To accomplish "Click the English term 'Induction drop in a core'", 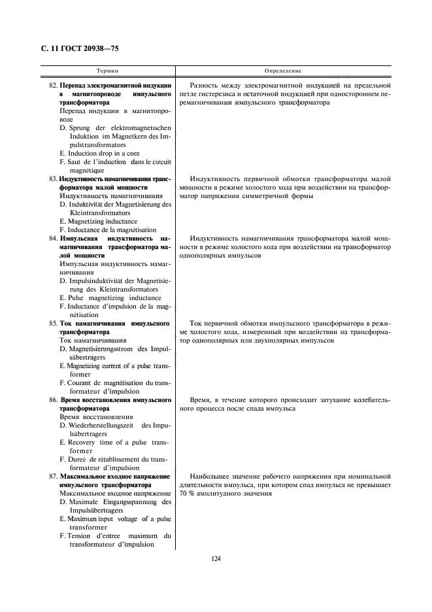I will pyautogui.click(x=99, y=153).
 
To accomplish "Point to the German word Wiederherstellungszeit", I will pyautogui.click(x=105, y=426).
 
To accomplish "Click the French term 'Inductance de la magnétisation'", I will pyautogui.click(x=108, y=230).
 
